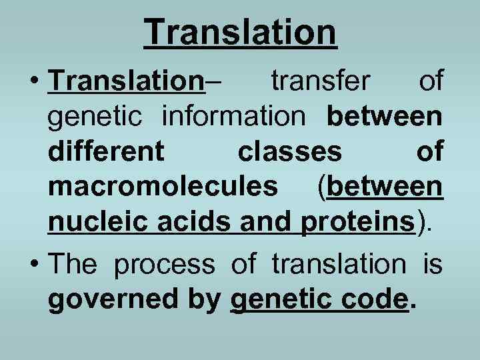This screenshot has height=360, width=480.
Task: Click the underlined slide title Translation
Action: coord(240,31)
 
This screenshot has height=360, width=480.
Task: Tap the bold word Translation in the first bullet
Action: coord(125,83)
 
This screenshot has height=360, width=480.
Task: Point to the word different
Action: coord(106,152)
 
